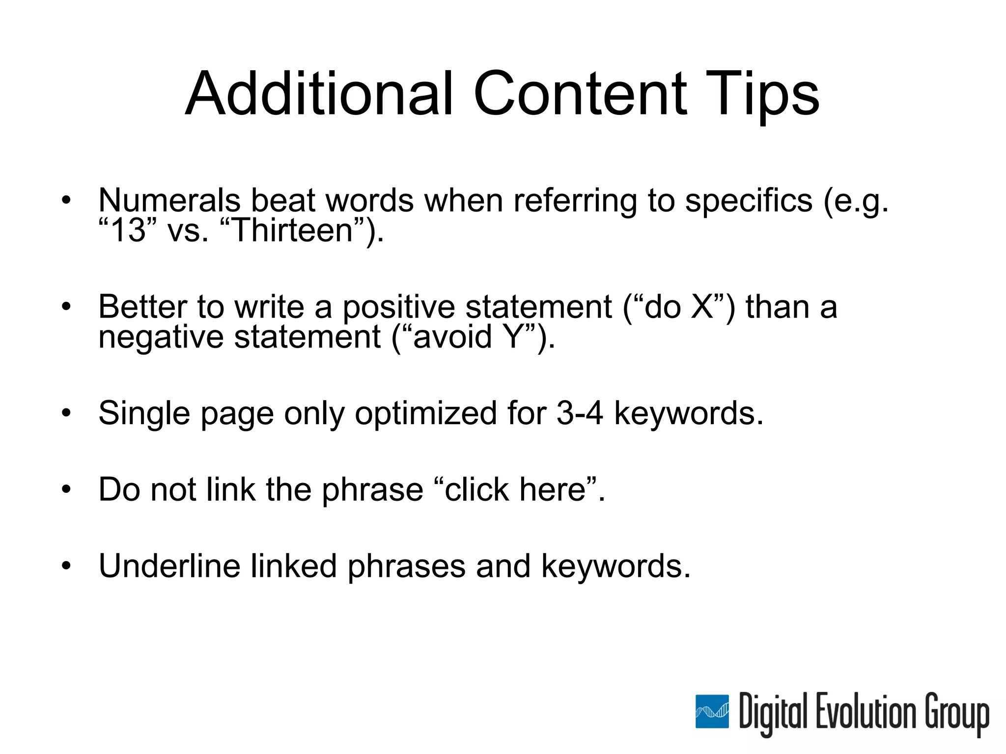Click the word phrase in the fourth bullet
(x=372, y=490)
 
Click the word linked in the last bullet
(x=293, y=566)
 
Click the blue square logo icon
(x=712, y=711)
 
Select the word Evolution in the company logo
(x=866, y=711)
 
